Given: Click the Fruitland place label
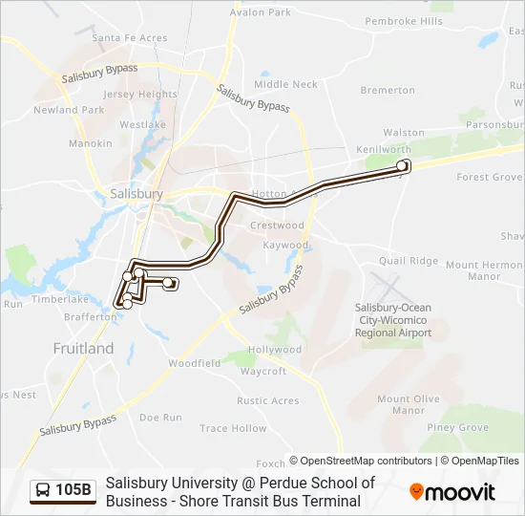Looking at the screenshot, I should coord(83,349).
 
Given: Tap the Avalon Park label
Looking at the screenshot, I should coord(261,12).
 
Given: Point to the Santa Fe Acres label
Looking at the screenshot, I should coord(129,38).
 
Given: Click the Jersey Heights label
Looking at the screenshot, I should coord(140,95).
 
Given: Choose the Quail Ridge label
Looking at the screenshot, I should coord(408,261).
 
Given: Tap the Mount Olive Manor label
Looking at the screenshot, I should coord(408,404).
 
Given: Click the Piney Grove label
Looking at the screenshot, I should coord(458,428).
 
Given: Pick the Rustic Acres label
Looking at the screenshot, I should coord(268,400).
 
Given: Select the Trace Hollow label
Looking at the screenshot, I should coord(234,429).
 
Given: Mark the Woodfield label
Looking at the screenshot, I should coord(195,363).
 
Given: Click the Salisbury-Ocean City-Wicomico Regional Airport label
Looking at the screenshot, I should coord(393,320).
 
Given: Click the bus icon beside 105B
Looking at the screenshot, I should coord(43,491).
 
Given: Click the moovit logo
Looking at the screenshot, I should coord(452,492).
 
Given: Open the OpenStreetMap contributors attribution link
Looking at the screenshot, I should coord(361,461).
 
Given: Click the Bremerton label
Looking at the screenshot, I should coord(388,91).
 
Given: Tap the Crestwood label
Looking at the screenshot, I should coord(277,226).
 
